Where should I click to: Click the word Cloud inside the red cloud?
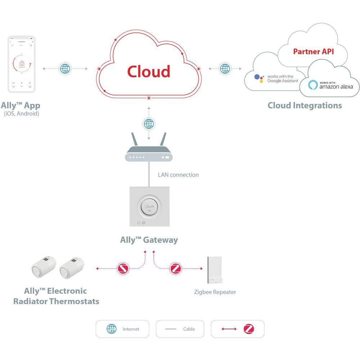pos(148,71)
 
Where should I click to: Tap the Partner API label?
pos(313,51)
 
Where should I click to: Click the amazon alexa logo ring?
pos(313,85)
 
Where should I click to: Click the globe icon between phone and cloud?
pos(65,68)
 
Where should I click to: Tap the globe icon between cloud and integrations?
pos(225,68)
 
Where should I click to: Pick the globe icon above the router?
pos(148,124)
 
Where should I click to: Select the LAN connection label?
pos(178,175)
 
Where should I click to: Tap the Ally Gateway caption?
pos(149,240)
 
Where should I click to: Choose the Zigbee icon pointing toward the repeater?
pos(176,268)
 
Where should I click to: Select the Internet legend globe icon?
pos(112,329)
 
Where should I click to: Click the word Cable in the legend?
pos(189,329)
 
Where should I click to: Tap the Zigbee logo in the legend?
pos(249,329)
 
